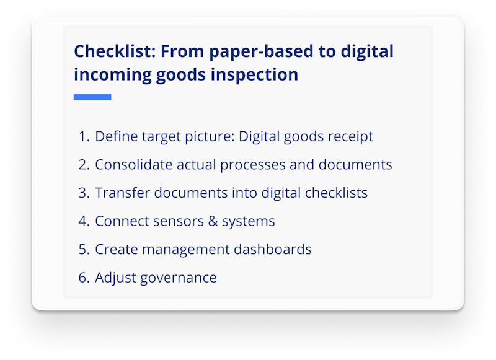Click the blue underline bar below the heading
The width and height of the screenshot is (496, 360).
[x=92, y=97]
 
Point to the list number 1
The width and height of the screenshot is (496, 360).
[x=82, y=136]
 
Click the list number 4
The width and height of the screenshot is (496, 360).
[x=84, y=221]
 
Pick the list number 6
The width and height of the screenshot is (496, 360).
[x=84, y=278]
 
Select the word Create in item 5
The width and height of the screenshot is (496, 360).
[x=114, y=250]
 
